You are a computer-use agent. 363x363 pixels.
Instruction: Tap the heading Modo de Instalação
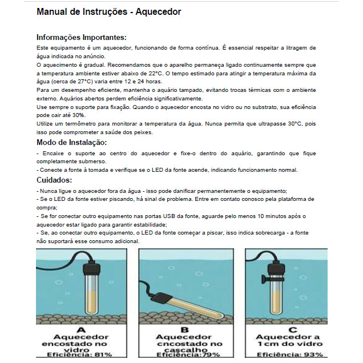[x=71, y=142]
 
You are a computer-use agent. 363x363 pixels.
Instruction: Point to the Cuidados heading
[x=55, y=180]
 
